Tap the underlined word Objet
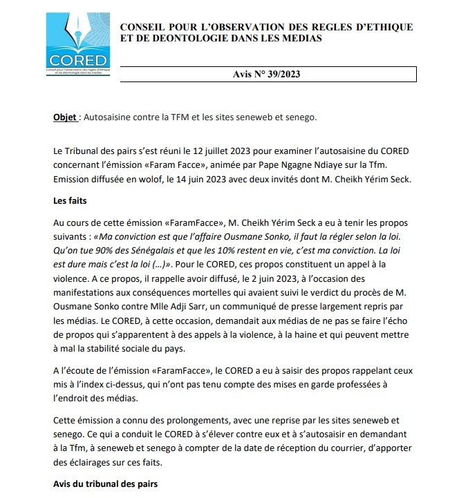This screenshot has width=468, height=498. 65,117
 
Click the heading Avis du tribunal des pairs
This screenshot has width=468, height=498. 105,483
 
